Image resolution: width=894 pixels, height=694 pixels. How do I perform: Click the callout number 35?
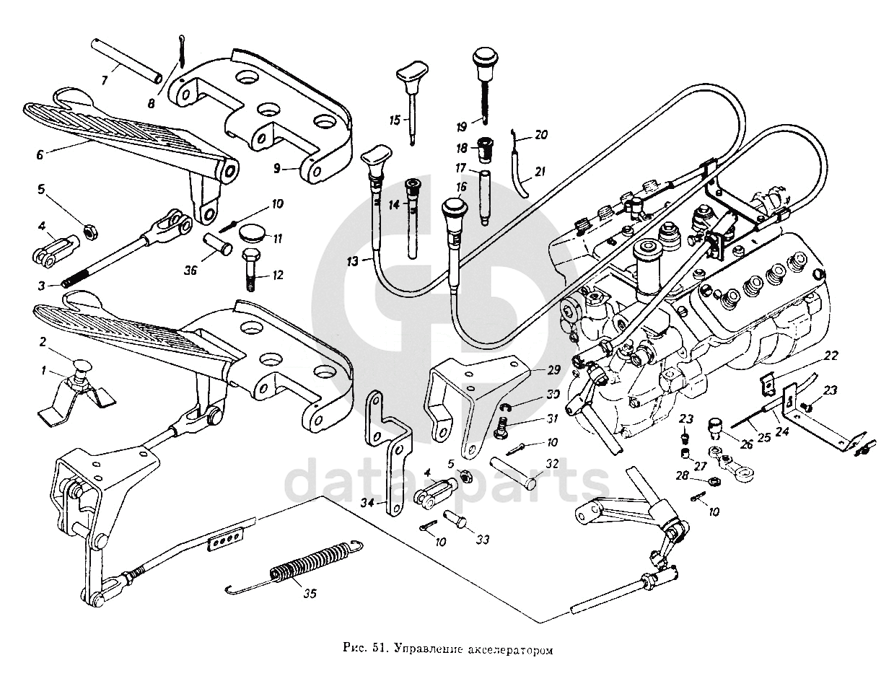click(x=309, y=594)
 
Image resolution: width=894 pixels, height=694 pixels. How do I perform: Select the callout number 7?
click(x=105, y=81)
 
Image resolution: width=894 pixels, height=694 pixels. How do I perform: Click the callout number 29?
click(x=553, y=370)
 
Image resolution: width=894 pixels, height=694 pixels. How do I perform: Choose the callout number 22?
click(x=831, y=356)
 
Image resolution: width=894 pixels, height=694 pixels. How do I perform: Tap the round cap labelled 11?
click(x=250, y=234)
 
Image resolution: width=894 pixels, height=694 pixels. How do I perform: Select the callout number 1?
click(x=43, y=371)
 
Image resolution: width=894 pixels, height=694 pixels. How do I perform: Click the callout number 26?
click(x=746, y=445)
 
